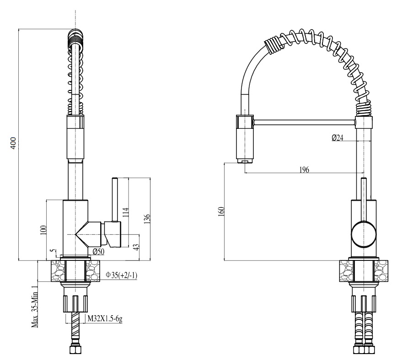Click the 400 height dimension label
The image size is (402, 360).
pos(13,143)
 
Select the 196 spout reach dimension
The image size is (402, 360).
pos(304,169)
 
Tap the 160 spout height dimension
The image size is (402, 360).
pos(221,212)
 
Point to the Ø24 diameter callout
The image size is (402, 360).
pos(338,138)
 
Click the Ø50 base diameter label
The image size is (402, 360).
pos(99,252)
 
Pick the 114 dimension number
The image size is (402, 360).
pos(126,212)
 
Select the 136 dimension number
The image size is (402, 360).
pos(147,219)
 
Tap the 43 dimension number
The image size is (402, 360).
pos(137,247)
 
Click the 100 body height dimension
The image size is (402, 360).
pos(43,230)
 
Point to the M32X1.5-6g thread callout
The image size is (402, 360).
pos(105,318)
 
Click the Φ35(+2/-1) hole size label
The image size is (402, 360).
pos(122,275)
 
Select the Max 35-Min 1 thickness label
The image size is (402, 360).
pos(35,307)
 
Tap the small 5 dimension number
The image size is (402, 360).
pos(53,251)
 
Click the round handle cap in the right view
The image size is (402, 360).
pos(364,234)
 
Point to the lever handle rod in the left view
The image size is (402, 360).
pos(114,200)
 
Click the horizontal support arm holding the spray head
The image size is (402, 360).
pos(304,122)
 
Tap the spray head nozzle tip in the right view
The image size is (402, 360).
pos(245,161)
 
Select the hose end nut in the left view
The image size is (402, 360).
pos(75,350)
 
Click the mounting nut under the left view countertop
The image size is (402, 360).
pos(75,304)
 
